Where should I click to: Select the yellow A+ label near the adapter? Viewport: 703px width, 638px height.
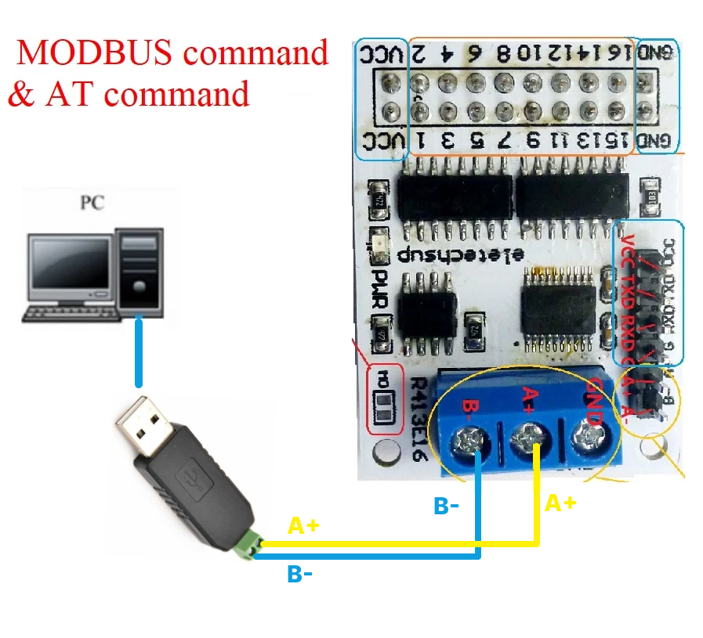click(303, 525)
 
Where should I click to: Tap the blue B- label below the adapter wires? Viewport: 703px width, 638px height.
click(300, 575)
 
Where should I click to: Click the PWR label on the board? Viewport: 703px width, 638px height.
click(382, 290)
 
